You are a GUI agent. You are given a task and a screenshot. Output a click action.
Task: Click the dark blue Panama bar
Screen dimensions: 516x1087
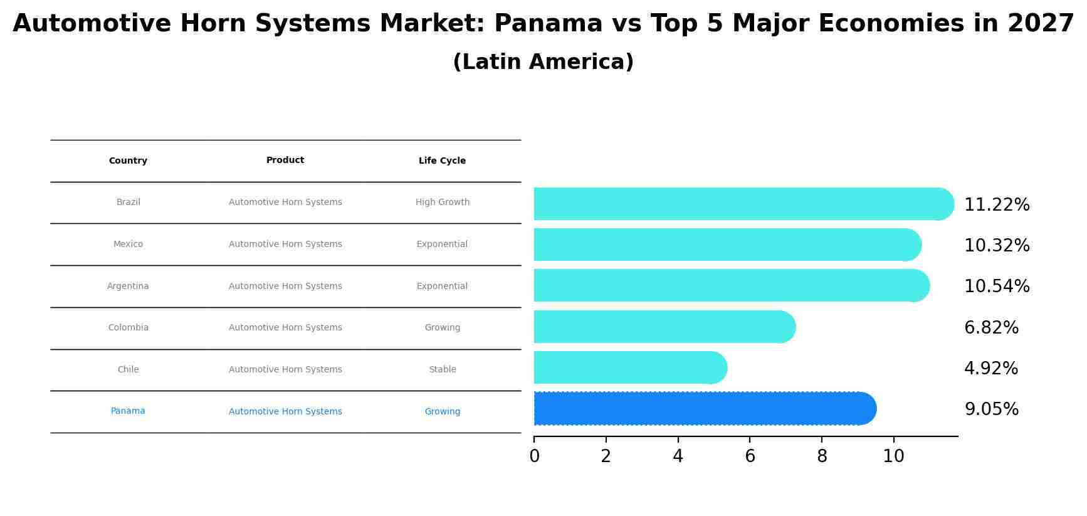pos(702,409)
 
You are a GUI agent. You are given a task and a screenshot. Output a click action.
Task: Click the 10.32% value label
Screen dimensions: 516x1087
pos(997,246)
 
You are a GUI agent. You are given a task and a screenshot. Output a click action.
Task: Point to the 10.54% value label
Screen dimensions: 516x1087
pos(997,287)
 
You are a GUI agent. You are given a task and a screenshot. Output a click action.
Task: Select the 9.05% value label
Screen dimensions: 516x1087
pos(991,409)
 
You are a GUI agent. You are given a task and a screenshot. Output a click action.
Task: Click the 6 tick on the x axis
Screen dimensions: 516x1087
pos(750,456)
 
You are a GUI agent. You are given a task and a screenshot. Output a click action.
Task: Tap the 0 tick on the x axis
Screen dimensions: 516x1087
pos(534,456)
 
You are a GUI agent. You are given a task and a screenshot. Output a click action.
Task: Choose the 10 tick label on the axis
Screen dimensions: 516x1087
pos(893,456)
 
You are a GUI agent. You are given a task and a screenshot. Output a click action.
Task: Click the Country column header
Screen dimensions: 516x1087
pos(128,161)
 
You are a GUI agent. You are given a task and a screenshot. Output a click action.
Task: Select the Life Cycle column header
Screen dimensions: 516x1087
pos(442,161)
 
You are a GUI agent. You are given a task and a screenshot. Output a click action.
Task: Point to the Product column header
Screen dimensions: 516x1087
pos(285,161)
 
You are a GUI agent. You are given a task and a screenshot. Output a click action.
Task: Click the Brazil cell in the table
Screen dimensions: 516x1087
pos(129,203)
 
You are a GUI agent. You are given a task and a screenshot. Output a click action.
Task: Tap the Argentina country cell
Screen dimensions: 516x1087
pos(128,286)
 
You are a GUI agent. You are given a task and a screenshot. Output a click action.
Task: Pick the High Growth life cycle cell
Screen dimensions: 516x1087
pos(442,203)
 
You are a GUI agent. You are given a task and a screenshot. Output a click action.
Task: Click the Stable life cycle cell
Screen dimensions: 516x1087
pos(442,369)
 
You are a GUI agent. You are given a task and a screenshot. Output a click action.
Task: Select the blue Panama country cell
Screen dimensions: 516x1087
pos(128,411)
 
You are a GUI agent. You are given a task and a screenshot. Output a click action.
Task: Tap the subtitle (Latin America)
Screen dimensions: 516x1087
pos(543,62)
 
